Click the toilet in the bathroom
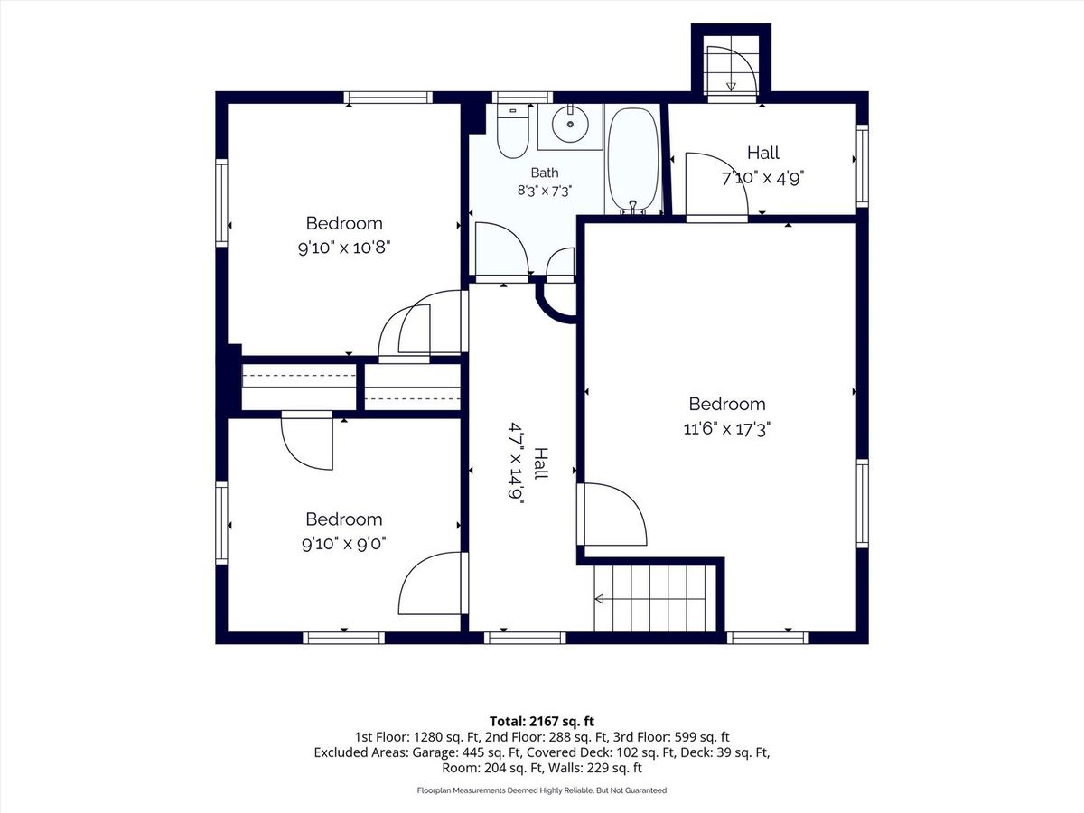(512, 131)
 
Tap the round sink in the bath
(570, 124)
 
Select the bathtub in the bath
(632, 161)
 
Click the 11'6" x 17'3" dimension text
(727, 428)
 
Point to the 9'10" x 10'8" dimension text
(344, 248)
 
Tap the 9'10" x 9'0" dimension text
(344, 544)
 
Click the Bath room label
(545, 173)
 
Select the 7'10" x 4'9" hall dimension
(763, 178)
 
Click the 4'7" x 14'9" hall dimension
(517, 462)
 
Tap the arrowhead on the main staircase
(599, 599)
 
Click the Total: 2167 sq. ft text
(542, 721)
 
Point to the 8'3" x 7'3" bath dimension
(544, 191)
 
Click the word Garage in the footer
(434, 752)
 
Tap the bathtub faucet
(632, 208)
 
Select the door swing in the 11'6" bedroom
(615, 514)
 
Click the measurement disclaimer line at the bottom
(542, 790)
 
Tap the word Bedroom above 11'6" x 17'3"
(727, 404)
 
